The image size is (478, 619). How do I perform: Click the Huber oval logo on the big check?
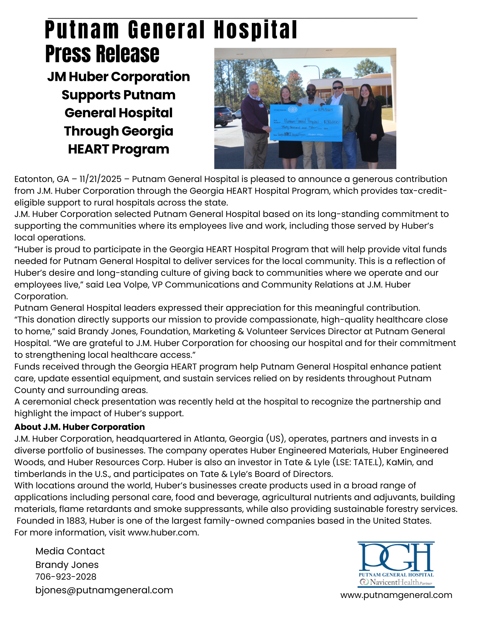coord(293,110)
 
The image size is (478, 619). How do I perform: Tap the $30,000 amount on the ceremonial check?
coord(333,122)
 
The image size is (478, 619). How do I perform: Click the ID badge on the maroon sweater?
coord(261,106)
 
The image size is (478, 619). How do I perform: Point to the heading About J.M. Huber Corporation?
coord(80,427)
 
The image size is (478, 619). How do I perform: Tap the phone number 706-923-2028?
coord(66,577)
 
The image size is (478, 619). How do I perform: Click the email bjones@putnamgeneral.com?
coord(104,590)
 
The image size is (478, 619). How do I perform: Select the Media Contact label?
coord(70,551)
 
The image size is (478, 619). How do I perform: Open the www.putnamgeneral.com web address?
coord(396,595)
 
